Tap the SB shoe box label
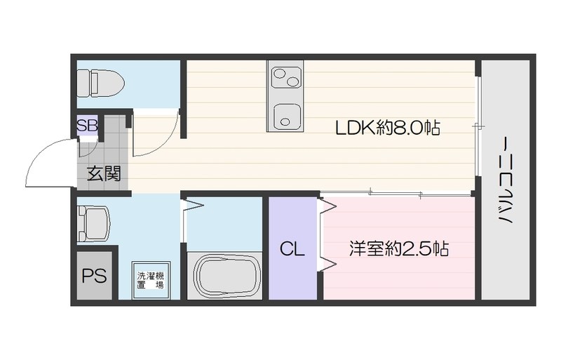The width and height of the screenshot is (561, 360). [87, 126]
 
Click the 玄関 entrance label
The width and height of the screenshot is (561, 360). [103, 173]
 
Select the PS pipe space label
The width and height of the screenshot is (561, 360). [94, 276]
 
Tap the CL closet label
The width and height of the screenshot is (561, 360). [292, 249]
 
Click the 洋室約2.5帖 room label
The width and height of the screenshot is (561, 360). [399, 249]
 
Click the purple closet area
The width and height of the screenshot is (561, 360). [293, 267]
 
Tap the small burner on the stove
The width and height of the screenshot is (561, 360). [292, 82]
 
